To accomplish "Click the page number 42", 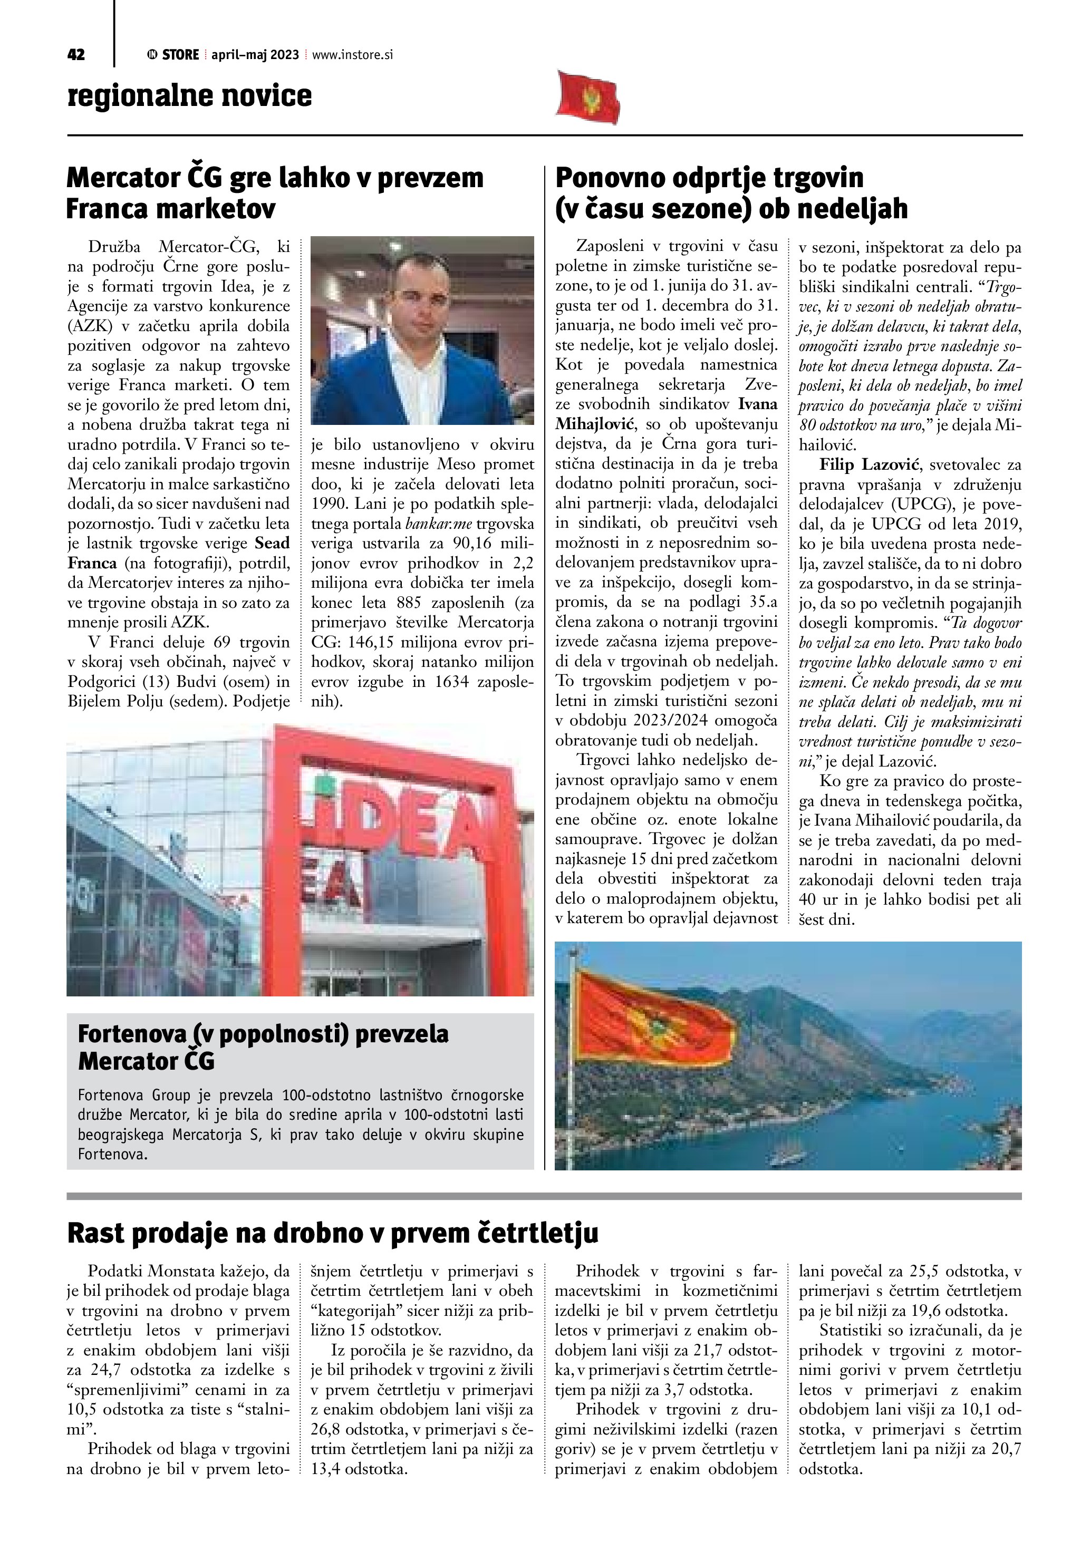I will (76, 54).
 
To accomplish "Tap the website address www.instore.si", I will (352, 55).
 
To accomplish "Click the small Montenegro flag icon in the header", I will (588, 96).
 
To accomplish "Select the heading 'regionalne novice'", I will (189, 95).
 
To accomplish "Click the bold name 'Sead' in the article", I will (273, 543).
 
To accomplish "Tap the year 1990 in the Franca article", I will (328, 503).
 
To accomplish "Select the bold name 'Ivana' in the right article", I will (758, 404).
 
